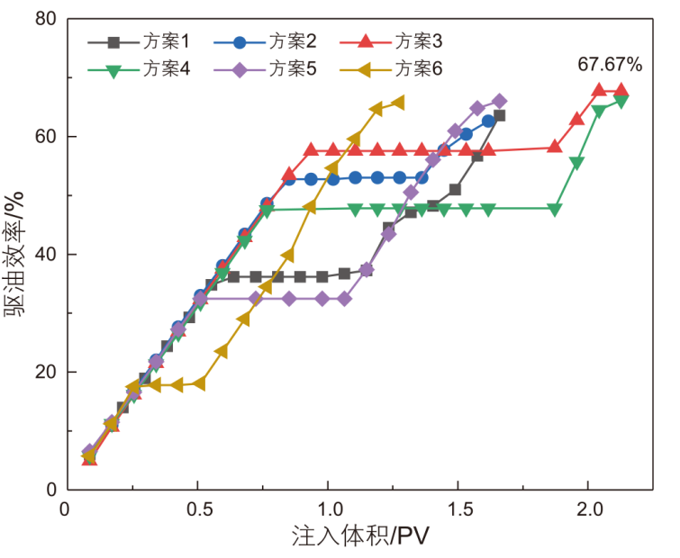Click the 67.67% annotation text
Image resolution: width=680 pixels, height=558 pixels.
point(610,65)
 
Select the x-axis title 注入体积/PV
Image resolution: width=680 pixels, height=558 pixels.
point(359,536)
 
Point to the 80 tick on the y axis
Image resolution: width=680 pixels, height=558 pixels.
point(42,19)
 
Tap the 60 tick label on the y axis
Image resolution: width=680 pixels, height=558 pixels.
point(42,137)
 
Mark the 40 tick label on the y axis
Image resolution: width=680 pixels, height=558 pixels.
point(42,255)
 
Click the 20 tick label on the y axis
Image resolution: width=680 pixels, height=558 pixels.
point(42,373)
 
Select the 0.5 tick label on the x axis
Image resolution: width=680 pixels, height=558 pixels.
point(198,508)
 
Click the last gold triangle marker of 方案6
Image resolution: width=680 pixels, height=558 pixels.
point(396,103)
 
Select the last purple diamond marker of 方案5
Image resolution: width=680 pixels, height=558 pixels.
point(500,101)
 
